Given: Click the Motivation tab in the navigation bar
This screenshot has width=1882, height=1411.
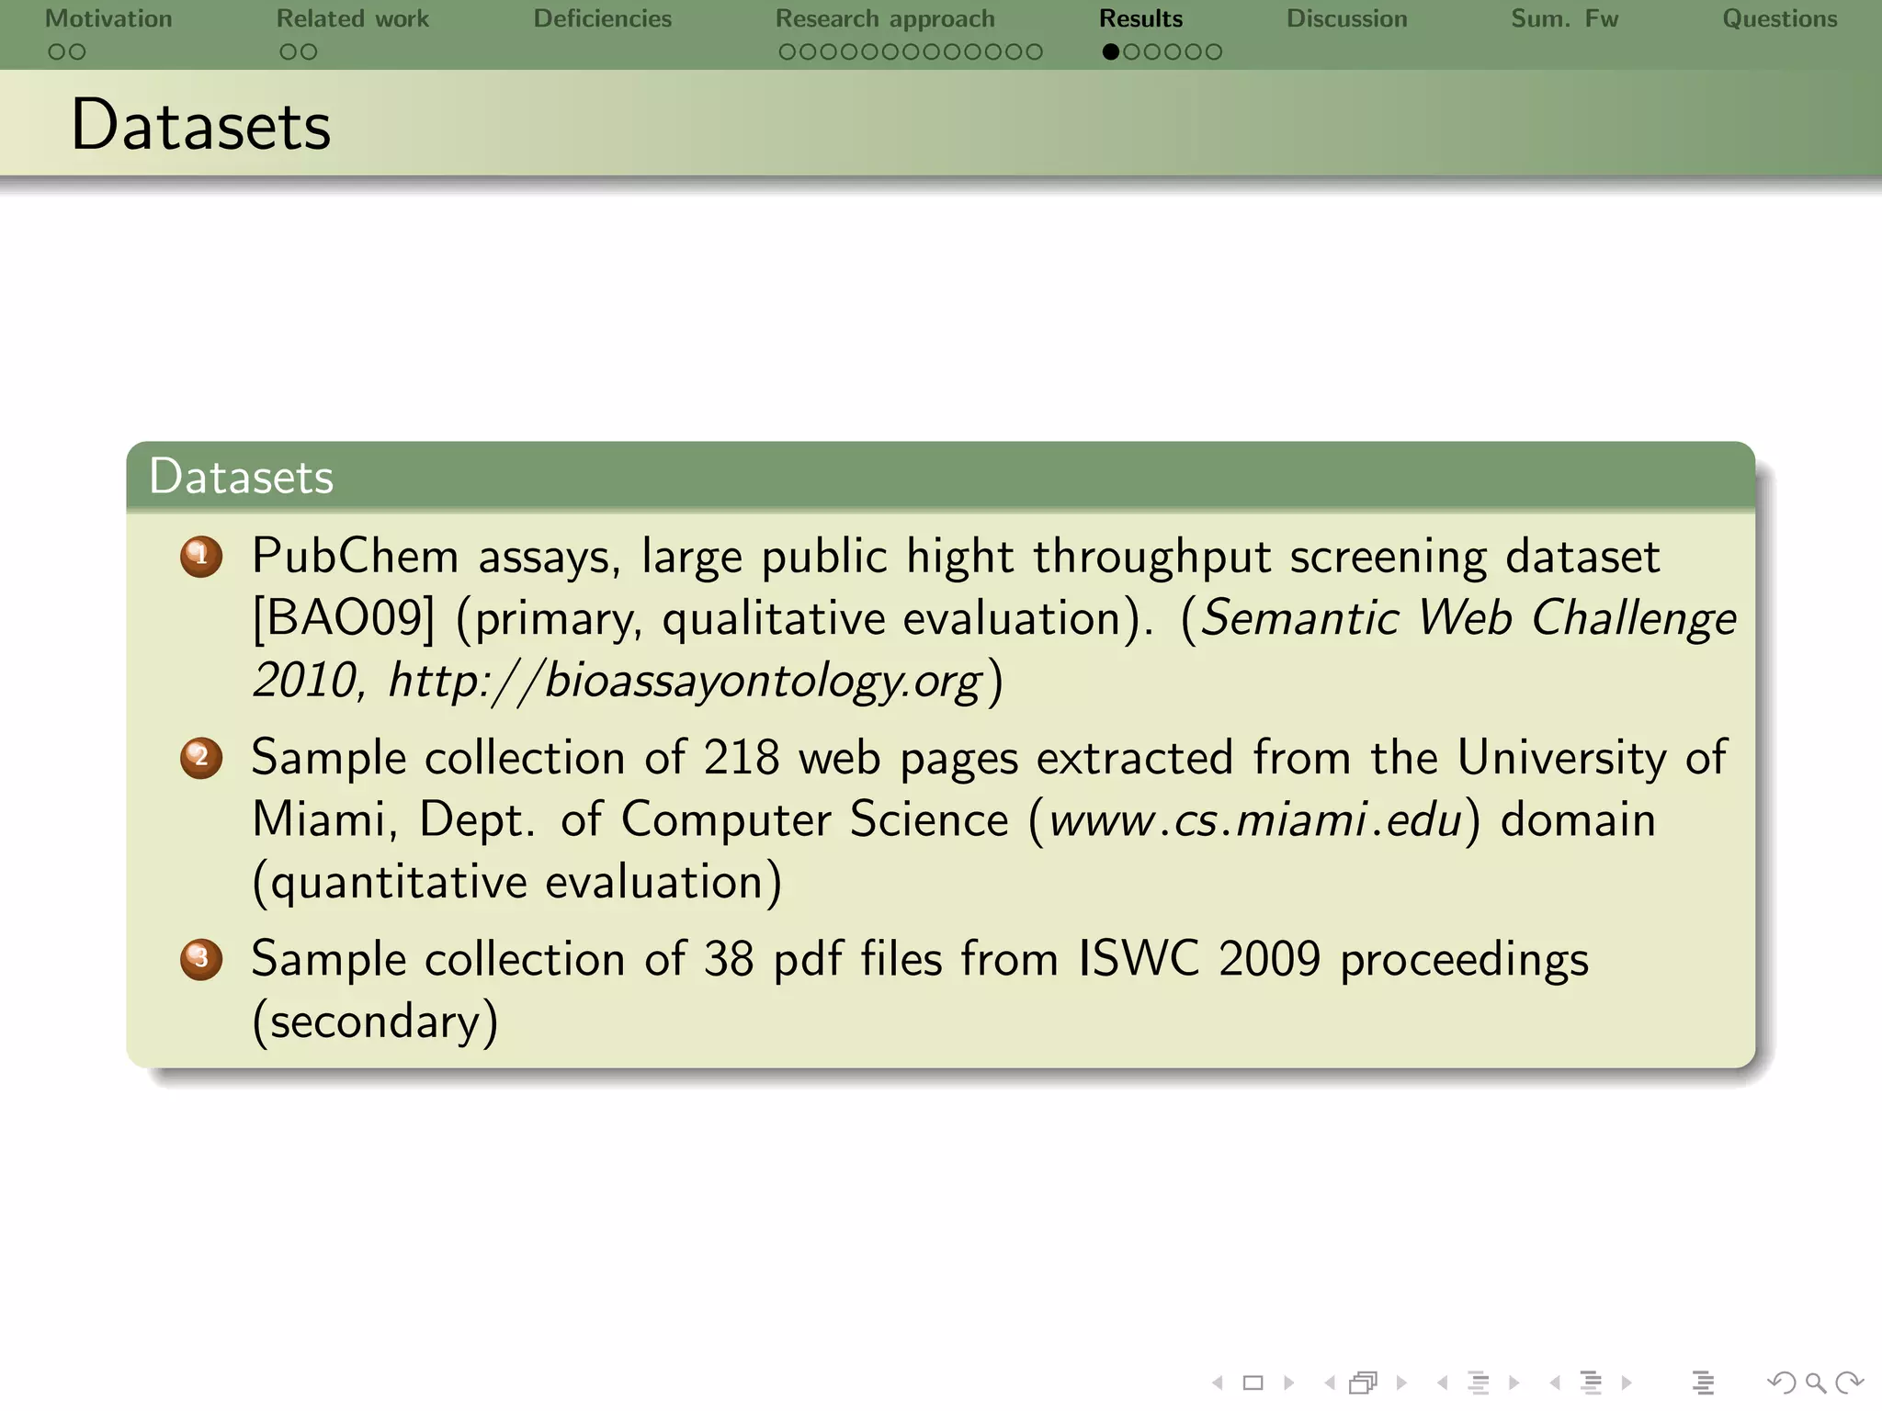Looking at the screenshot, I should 108,19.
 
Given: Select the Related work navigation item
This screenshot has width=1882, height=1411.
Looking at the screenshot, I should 352,19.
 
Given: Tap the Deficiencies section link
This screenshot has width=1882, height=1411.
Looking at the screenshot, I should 602,19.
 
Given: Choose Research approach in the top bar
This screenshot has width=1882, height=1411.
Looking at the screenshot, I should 885,19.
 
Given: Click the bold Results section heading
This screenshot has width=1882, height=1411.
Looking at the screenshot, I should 1140,19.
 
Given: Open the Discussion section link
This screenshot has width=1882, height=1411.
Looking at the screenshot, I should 1346,19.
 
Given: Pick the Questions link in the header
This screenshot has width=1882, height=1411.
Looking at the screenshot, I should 1779,19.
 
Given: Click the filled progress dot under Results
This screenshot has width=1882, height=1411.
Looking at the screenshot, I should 1110,52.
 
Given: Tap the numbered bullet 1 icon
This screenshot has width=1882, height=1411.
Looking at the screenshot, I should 201,557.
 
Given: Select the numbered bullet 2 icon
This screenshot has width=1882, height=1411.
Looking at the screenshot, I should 201,758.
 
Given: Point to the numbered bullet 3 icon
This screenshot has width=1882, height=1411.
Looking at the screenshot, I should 201,959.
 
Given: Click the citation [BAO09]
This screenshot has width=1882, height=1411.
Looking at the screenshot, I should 344,618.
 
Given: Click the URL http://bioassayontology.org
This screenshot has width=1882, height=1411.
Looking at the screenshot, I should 685,681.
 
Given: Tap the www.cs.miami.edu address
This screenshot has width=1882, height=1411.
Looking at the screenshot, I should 1254,819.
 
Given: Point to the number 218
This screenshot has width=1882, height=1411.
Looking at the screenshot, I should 741,758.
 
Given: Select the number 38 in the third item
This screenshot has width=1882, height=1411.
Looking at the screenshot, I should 729,959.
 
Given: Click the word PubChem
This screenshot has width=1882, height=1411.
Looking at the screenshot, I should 355,557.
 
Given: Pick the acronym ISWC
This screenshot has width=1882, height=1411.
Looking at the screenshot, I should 1139,959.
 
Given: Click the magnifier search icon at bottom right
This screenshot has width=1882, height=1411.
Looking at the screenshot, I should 1815,1383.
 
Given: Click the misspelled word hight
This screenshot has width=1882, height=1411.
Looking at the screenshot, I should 959,557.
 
